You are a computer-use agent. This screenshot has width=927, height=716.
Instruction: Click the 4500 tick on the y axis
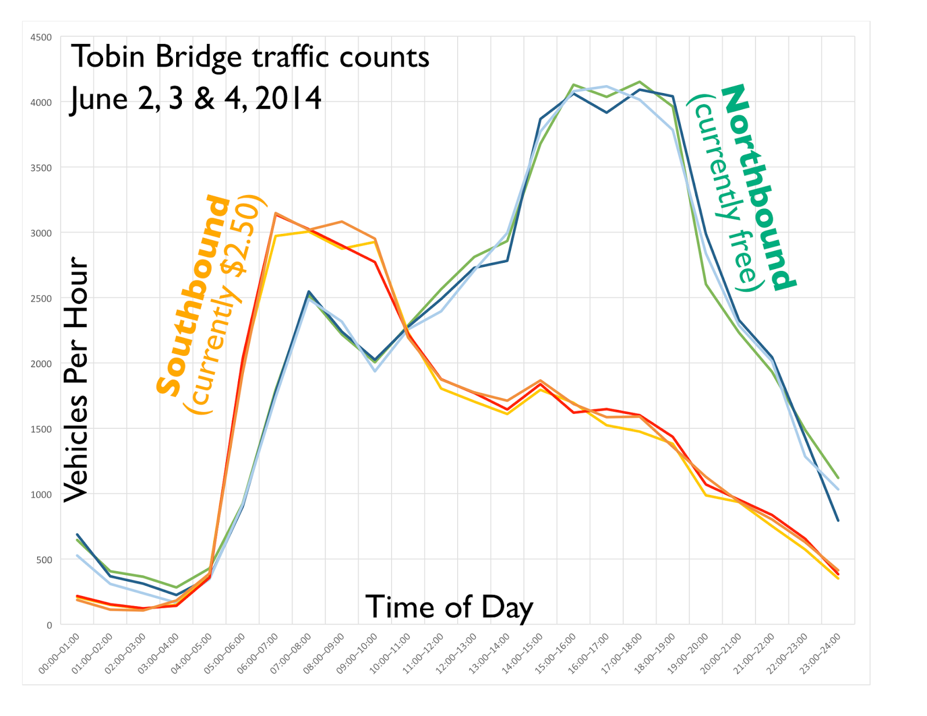pyautogui.click(x=41, y=38)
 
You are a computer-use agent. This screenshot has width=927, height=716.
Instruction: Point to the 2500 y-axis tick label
pyautogui.click(x=41, y=299)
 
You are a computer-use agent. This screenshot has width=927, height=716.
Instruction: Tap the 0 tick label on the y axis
pyautogui.click(x=49, y=625)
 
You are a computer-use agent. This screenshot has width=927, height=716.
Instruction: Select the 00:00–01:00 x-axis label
pyautogui.click(x=59, y=653)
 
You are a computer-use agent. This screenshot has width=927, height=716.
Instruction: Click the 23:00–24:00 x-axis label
pyautogui.click(x=820, y=653)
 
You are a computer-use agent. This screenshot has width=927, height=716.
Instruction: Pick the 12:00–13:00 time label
pyautogui.click(x=457, y=653)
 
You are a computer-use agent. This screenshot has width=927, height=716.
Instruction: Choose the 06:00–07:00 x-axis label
pyautogui.click(x=258, y=653)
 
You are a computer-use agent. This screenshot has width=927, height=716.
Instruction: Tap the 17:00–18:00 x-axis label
pyautogui.click(x=622, y=653)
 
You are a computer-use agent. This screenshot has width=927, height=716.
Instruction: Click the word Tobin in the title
pyautogui.click(x=108, y=57)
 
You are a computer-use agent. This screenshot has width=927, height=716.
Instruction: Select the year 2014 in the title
pyautogui.click(x=288, y=99)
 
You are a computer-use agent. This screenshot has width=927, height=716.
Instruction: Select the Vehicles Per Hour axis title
pyautogui.click(x=76, y=379)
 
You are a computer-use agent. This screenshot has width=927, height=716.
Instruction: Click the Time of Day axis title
pyautogui.click(x=449, y=608)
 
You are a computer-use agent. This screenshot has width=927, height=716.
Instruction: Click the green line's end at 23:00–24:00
pyautogui.click(x=838, y=478)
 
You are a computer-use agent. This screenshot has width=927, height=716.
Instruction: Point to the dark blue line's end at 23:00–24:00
pyautogui.click(x=838, y=520)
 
